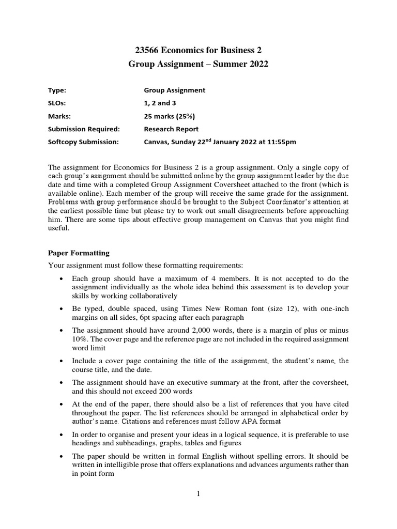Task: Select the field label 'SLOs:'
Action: pyautogui.click(x=57, y=103)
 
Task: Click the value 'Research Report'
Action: pyautogui.click(x=171, y=129)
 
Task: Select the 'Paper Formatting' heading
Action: pyautogui.click(x=79, y=253)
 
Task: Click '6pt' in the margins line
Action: pyautogui.click(x=139, y=317)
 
